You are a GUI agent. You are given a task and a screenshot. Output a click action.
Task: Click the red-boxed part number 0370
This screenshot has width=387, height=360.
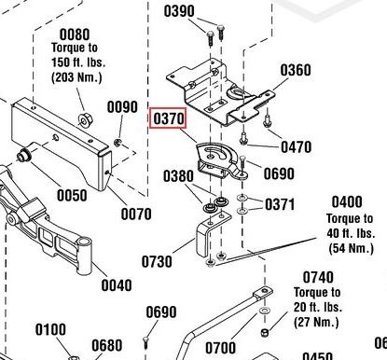pos(169,119)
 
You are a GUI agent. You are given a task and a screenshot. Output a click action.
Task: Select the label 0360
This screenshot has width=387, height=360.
pos(296,71)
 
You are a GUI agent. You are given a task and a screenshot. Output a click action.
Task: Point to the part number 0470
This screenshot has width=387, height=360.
pos(296,146)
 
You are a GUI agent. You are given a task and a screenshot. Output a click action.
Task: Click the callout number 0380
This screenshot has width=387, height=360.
pos(178,175)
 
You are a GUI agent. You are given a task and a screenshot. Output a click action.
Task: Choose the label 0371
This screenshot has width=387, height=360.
pos(280,204)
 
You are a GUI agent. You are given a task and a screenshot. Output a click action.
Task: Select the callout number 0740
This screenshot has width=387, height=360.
pos(317,277)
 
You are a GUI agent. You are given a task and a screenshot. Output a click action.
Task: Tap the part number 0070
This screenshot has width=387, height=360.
pos(136,214)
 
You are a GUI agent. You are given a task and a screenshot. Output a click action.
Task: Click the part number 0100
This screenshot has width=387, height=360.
pos(51,329)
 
